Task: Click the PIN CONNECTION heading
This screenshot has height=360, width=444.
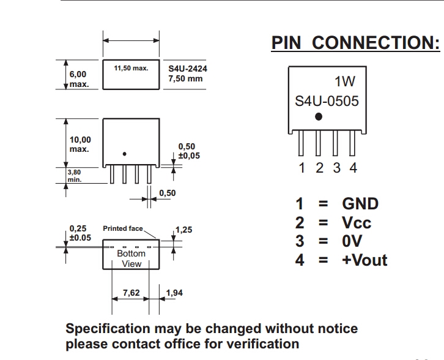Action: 355,43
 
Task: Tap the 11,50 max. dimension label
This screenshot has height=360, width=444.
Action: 131,68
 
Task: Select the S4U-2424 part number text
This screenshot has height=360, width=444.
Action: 188,69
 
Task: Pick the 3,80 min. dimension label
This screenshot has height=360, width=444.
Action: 74,176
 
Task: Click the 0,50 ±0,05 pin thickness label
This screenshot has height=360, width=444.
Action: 188,151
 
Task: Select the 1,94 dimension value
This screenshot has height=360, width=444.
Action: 174,293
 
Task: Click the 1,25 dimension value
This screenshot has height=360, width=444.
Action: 183,230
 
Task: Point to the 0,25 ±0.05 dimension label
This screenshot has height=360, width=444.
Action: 80,233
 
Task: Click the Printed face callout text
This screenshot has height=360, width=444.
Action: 122,228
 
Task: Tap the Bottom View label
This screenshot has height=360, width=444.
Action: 131,258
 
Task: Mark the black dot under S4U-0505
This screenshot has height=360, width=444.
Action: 318,117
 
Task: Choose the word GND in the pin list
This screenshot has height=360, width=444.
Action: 360,204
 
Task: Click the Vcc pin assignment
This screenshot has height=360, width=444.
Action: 357,222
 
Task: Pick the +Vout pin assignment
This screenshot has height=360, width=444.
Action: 364,260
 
